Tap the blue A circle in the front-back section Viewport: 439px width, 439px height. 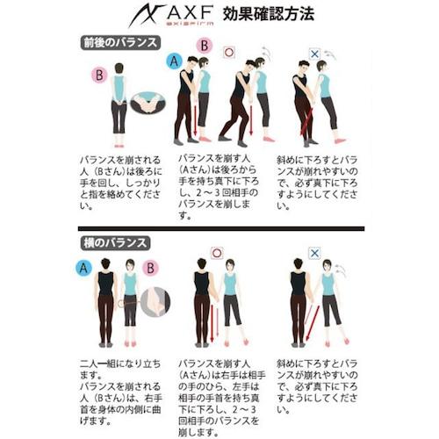172,62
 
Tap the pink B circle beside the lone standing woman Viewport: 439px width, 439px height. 100,76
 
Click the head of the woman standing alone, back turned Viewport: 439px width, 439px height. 119,83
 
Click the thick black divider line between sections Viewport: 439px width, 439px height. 219,227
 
